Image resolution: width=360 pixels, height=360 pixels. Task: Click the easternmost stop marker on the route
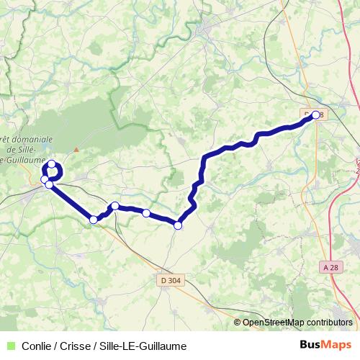coord(315,114)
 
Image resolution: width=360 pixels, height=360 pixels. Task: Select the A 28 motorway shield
coord(330,267)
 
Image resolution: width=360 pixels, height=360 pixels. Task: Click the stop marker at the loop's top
coord(52,164)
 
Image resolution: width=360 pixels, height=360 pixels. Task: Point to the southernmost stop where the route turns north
coord(178,225)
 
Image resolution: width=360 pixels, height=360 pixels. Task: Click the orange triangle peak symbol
coord(75,150)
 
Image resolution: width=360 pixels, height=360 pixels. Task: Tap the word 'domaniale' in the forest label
coord(29,138)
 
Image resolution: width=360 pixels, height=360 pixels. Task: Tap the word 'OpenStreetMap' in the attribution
coord(271,323)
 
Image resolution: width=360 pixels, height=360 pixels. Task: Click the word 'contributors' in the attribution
coord(327,323)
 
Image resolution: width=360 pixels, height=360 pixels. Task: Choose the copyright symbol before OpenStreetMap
coord(238,323)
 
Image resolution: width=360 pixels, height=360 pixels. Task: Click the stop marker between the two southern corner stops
coord(146,213)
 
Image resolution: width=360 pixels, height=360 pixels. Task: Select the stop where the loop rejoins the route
coord(49,185)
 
